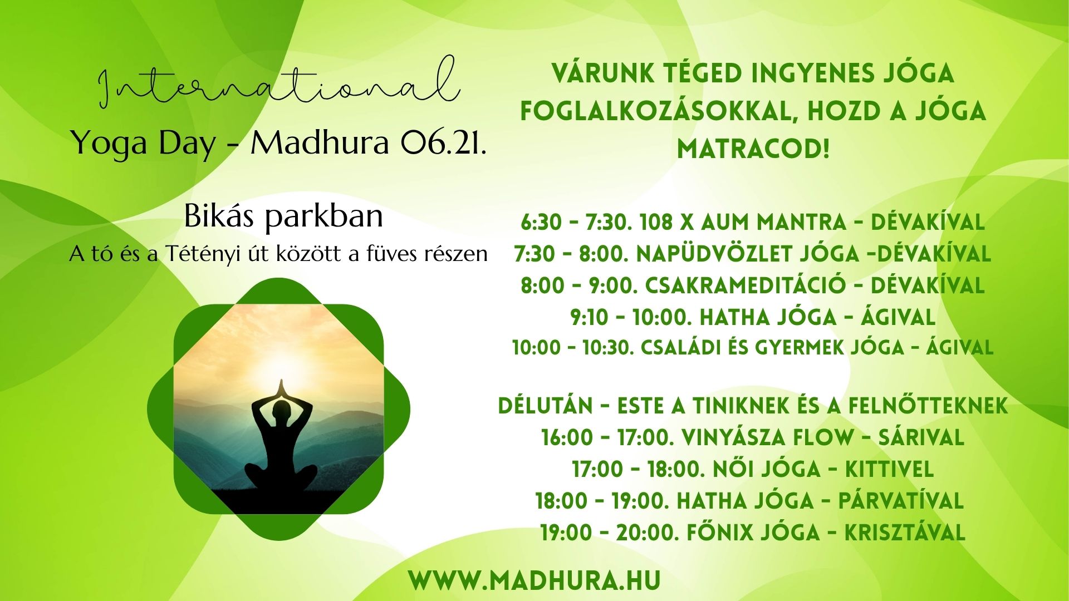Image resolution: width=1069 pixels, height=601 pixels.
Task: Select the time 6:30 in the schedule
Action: tap(541, 223)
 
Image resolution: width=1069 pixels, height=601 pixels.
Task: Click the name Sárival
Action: tap(921, 438)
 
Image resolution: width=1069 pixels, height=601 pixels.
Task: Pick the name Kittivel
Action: tap(889, 470)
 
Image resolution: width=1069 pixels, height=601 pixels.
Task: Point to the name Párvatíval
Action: tap(901, 501)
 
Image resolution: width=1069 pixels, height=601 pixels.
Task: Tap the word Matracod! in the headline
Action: tap(753, 149)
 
